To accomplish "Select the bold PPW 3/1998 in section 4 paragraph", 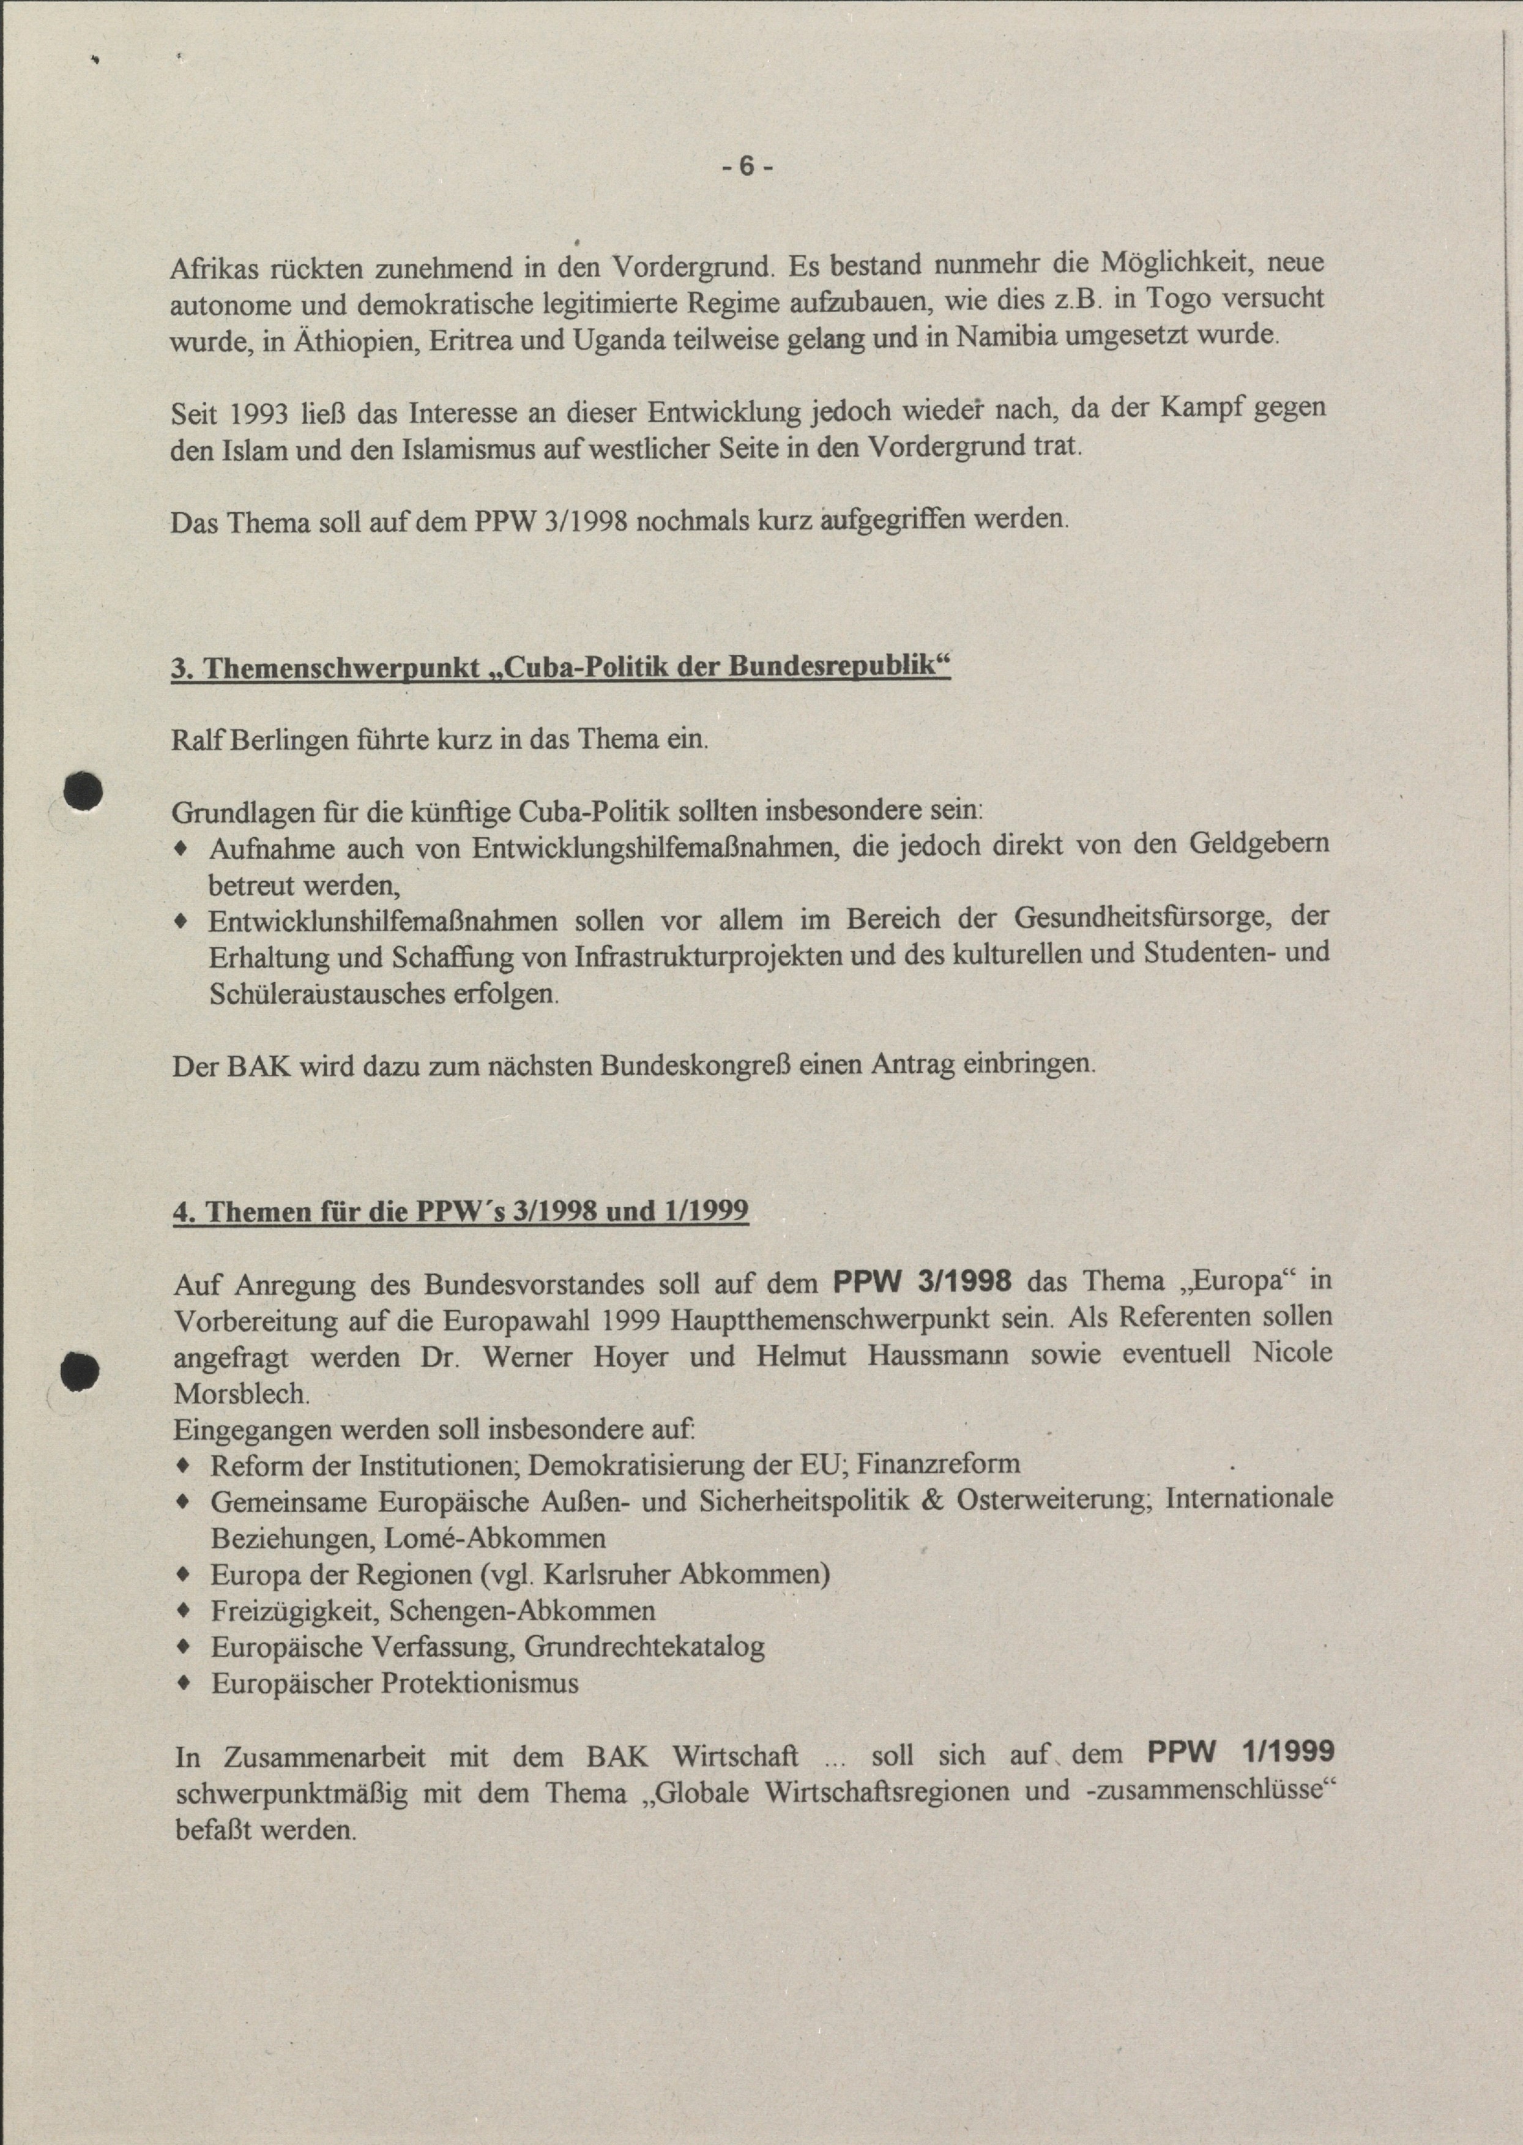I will point(923,1281).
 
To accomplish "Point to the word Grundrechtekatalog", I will point(644,1647).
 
